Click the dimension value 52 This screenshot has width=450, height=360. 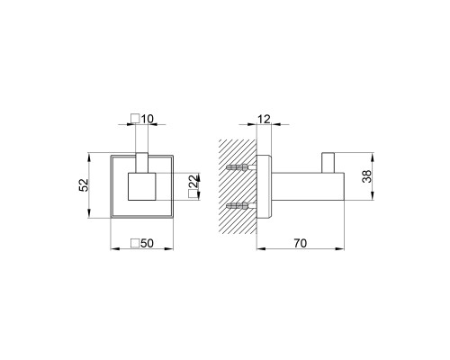click(x=84, y=185)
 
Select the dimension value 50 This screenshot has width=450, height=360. click(x=147, y=243)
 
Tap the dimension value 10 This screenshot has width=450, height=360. click(x=147, y=119)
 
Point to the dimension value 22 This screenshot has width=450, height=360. click(x=194, y=181)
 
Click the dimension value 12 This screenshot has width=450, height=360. click(x=264, y=119)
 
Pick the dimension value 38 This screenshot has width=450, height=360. click(x=366, y=176)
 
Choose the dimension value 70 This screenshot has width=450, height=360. click(x=301, y=243)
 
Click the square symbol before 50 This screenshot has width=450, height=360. click(x=135, y=243)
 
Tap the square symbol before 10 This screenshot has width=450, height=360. click(x=136, y=119)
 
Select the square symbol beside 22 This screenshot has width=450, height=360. click(x=193, y=194)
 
